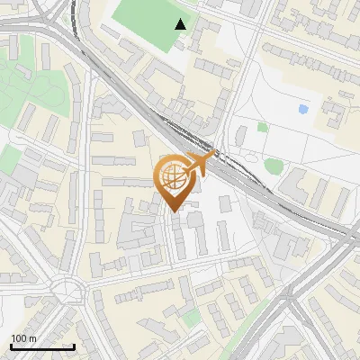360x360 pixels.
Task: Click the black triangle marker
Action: point(181,24)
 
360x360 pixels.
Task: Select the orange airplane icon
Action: point(202,164)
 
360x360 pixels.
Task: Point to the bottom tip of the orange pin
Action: point(175,212)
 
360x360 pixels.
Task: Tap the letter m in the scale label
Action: point(32,338)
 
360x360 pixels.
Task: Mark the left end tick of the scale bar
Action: point(11,346)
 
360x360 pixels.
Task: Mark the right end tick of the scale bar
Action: point(74,346)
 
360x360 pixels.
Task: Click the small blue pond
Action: point(302,109)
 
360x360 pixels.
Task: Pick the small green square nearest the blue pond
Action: point(262,127)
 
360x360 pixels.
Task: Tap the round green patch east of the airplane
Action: point(274,166)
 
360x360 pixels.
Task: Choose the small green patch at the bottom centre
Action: point(190,318)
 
